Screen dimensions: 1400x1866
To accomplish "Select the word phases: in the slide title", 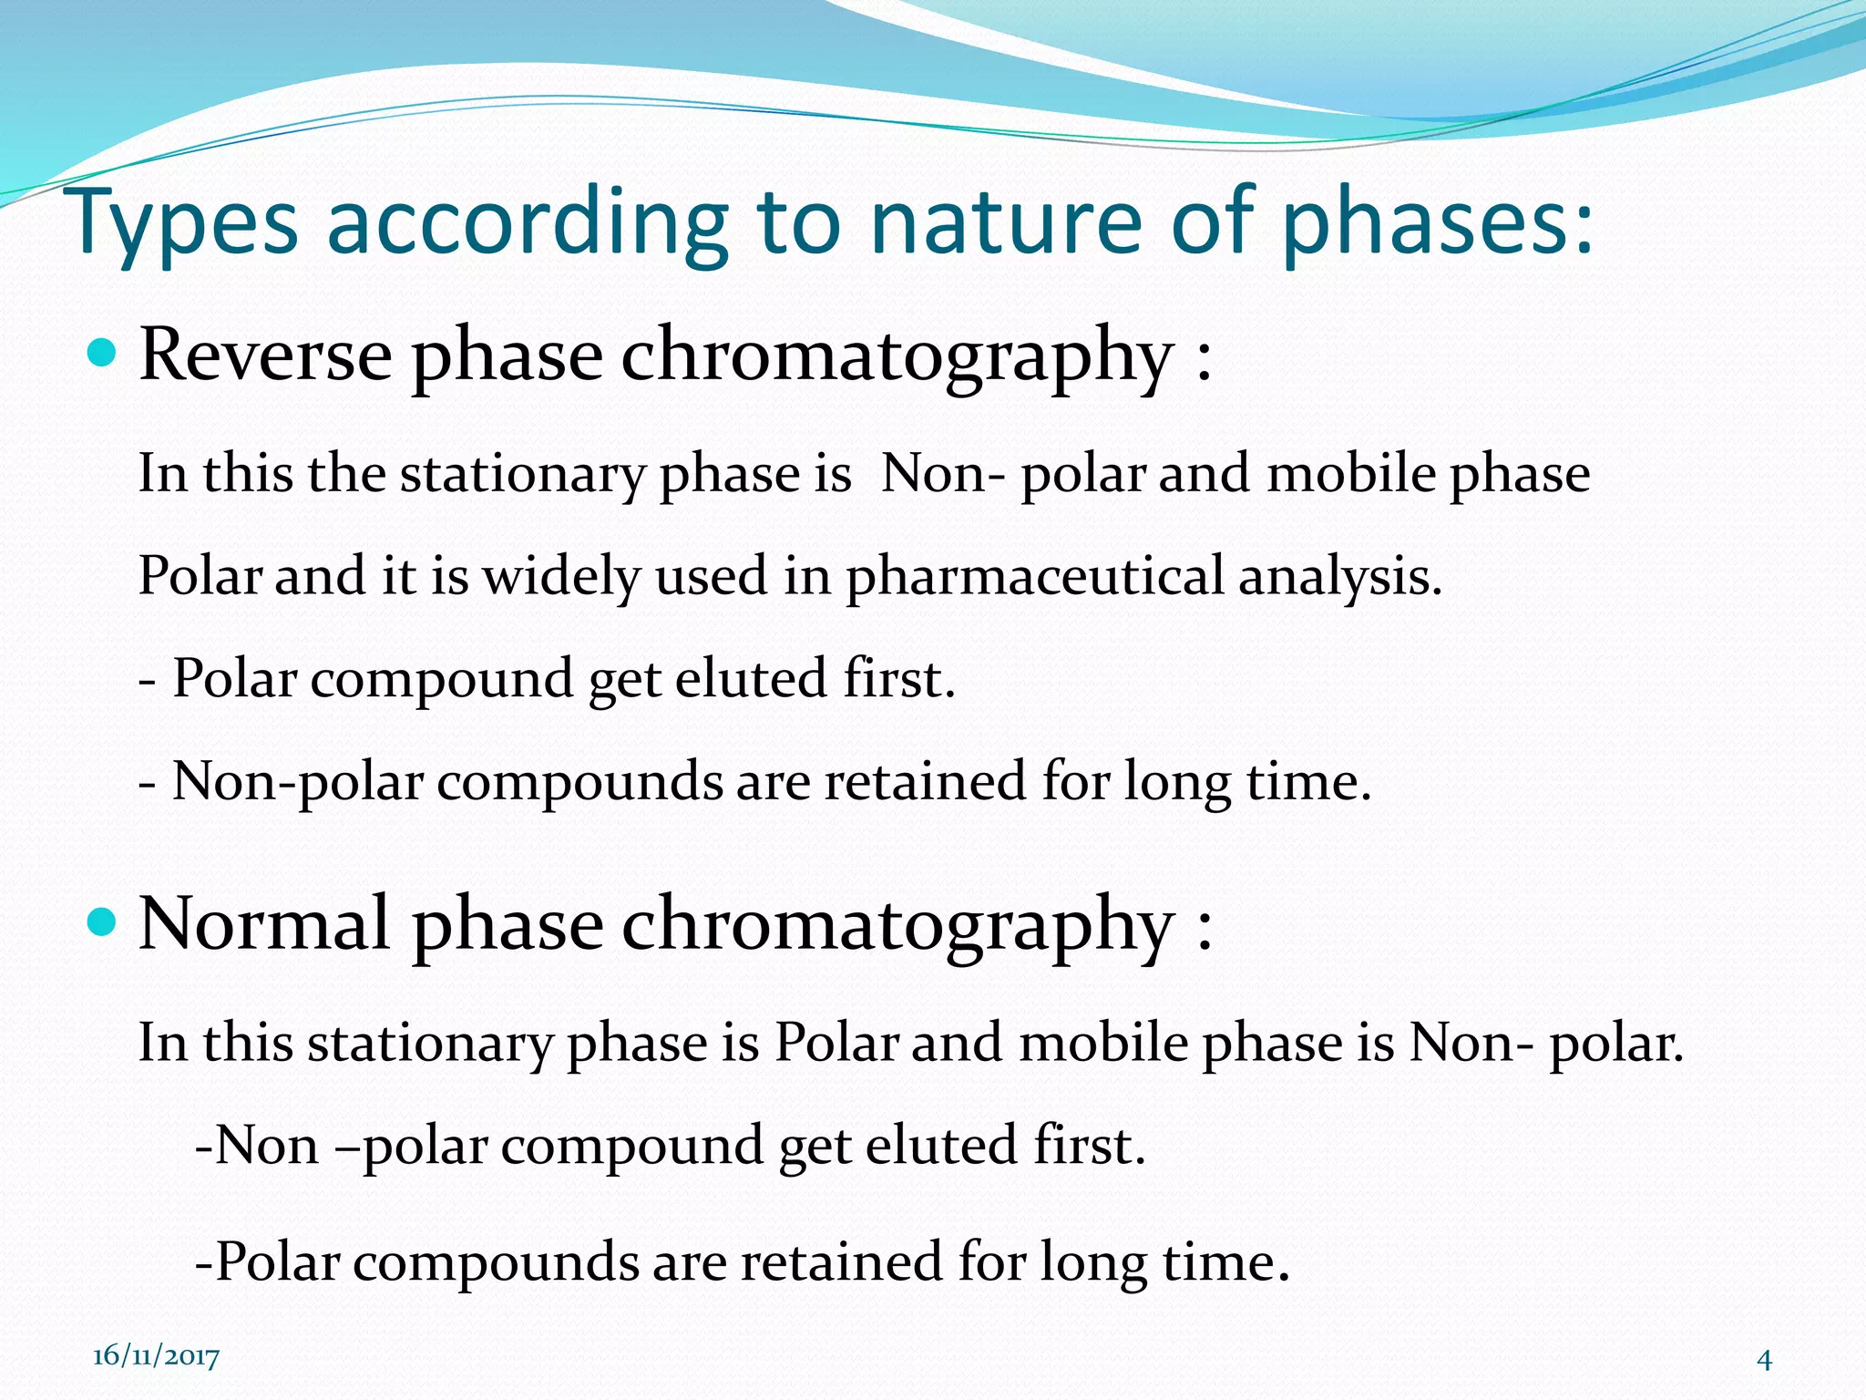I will [1438, 223].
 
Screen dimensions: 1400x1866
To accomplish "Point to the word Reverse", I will [266, 355].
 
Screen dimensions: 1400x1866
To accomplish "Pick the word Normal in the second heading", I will [264, 924].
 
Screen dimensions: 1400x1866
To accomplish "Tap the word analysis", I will [1339, 577].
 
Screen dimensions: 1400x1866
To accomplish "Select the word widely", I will [561, 577].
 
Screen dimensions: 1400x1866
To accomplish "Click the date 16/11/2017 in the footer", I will [156, 1356].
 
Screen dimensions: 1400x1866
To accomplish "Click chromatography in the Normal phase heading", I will [897, 926].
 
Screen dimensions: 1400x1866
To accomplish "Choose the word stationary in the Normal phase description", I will [429, 1044].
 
